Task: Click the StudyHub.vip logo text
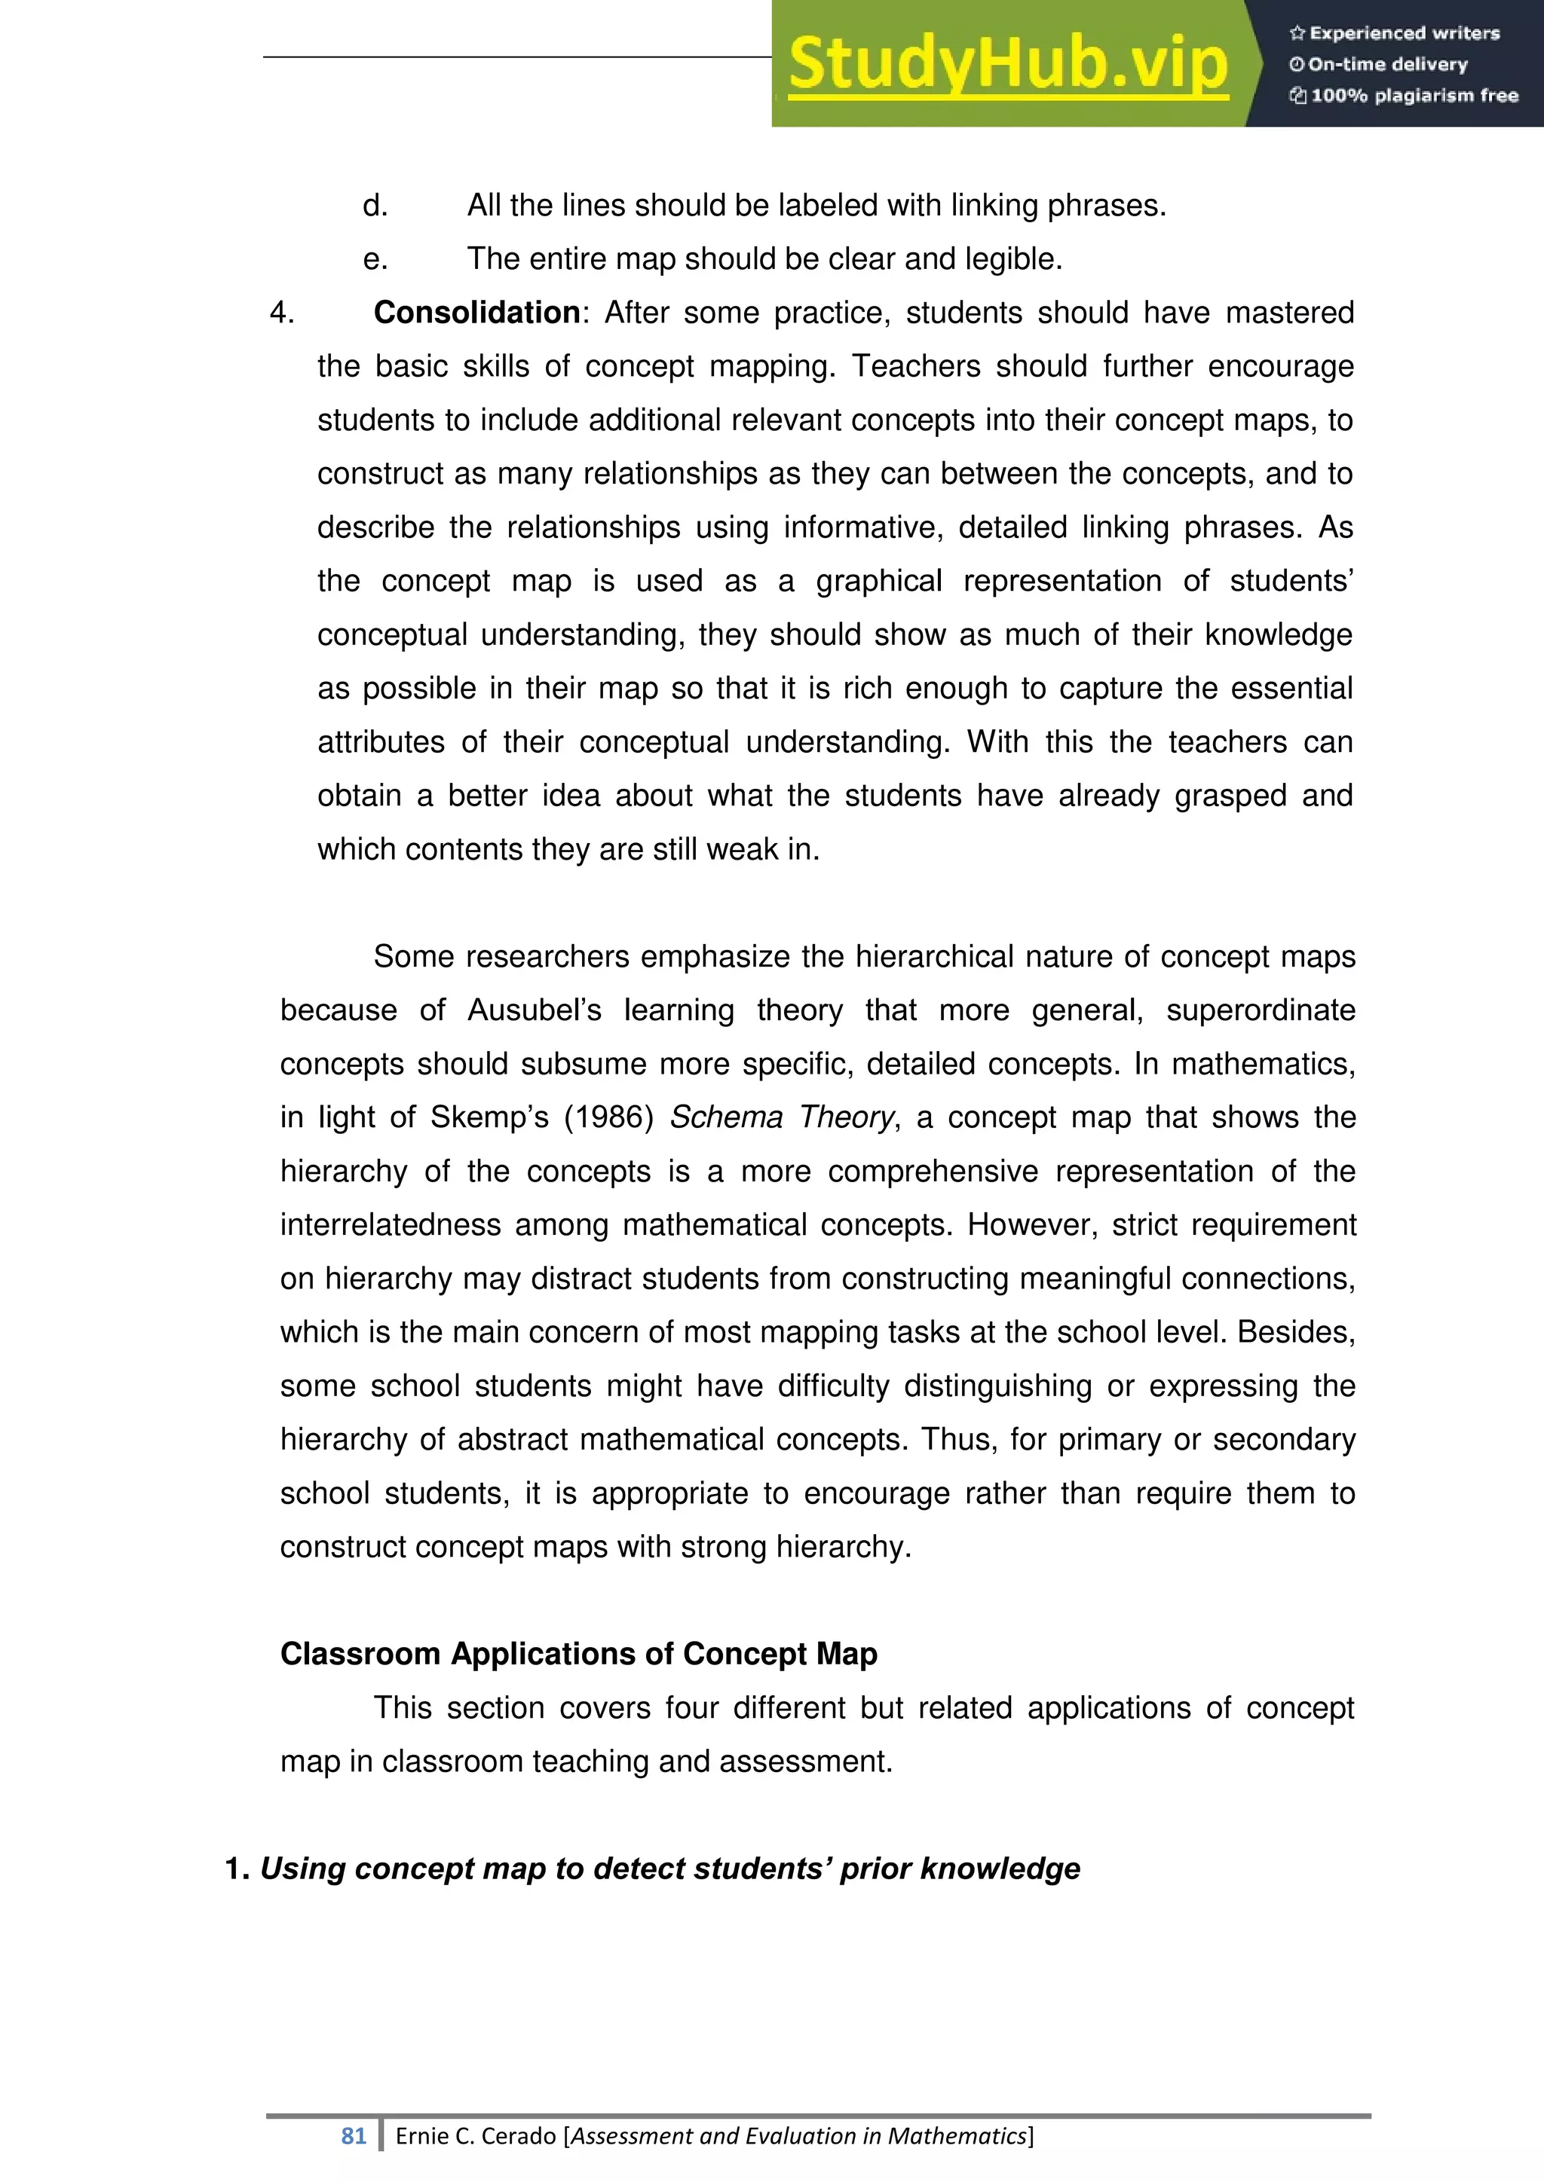coord(1008,65)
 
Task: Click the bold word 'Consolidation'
coord(476,313)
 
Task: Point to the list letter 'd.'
coord(375,205)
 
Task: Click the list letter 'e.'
coord(375,258)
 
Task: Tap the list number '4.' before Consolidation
coord(283,313)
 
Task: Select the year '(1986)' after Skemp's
coord(608,1117)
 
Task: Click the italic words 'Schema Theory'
coord(782,1117)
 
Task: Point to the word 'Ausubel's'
coord(535,1010)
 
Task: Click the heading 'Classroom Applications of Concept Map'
coord(578,1654)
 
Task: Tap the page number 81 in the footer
coord(354,2135)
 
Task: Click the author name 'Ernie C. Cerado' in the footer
coord(476,2135)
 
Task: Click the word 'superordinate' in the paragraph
coord(1260,1010)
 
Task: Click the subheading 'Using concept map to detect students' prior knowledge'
coord(669,1869)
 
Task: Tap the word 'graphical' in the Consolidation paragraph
coord(878,581)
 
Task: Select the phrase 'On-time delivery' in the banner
coord(1387,65)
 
